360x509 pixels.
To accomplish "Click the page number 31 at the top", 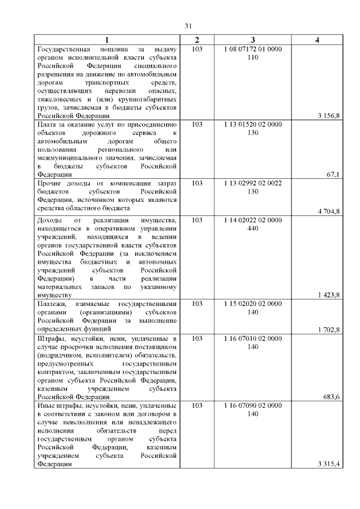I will (x=188, y=25).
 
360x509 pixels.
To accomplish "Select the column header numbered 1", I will (x=107, y=40).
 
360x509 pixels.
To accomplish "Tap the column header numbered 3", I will (x=253, y=40).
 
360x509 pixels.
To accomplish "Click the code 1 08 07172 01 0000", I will (x=253, y=49).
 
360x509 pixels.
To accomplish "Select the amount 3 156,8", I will (x=328, y=116).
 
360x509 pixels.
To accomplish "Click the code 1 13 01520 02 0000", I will (x=253, y=125).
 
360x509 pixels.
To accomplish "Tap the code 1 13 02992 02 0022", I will (x=253, y=184).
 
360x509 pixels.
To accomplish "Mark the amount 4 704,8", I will (x=328, y=211).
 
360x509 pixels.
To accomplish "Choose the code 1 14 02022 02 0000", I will (x=253, y=220).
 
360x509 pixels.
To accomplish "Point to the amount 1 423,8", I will (x=328, y=295).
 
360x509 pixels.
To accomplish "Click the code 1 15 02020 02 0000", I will (x=253, y=304).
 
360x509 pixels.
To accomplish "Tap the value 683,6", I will (x=331, y=397).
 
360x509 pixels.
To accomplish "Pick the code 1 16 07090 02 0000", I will (x=253, y=406).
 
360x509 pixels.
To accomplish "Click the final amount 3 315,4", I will (x=328, y=464).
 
